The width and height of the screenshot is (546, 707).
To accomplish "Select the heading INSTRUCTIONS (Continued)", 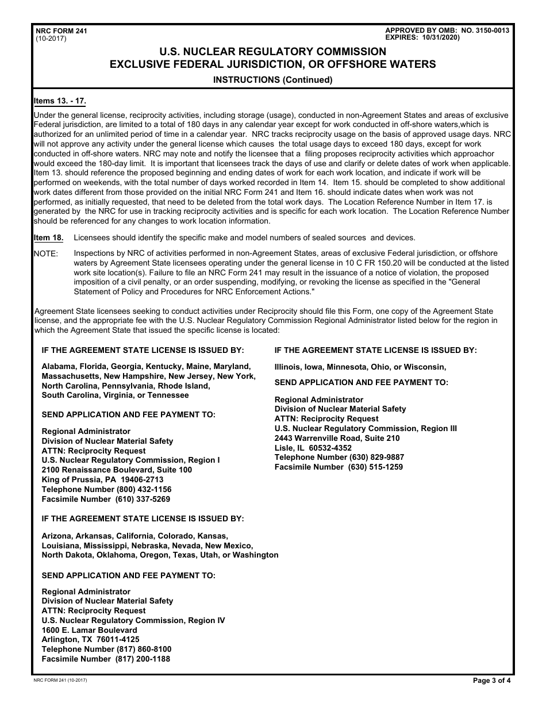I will click(x=272, y=80).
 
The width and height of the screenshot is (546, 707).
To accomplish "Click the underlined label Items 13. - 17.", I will click(x=60, y=101).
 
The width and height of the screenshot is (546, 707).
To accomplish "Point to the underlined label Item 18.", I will click(x=49, y=238).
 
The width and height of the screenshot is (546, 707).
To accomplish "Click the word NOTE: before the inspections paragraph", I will click(x=46, y=253).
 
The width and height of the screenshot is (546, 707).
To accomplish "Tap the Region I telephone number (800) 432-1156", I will click(x=144, y=489).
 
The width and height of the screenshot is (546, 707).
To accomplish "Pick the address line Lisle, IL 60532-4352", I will click(x=313, y=448).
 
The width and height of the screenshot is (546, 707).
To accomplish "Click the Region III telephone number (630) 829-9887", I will click(x=376, y=457).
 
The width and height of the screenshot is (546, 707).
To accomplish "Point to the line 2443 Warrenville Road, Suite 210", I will click(x=337, y=438).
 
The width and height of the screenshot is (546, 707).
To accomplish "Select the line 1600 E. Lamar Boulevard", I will click(x=89, y=630).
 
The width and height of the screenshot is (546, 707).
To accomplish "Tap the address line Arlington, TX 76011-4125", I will click(x=90, y=639).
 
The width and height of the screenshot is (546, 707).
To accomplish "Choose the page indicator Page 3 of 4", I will click(x=491, y=681).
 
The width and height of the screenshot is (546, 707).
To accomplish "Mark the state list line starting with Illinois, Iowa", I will click(x=360, y=367).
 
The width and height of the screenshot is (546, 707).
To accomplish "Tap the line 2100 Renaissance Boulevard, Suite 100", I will click(x=117, y=470).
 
